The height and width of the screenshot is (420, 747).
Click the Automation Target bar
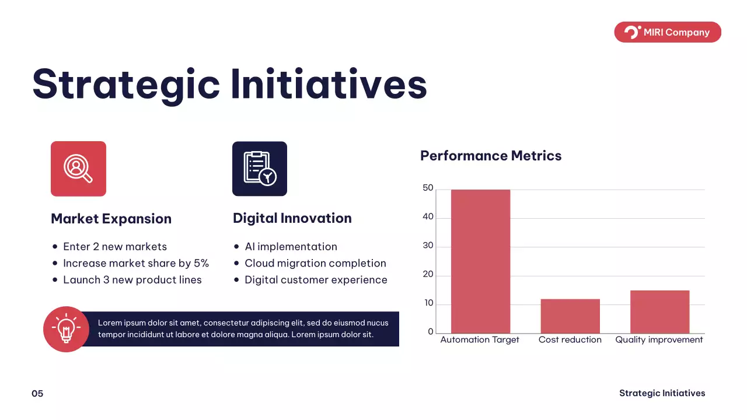(480, 261)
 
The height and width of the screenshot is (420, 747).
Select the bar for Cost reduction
(570, 316)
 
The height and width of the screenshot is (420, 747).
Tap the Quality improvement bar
(659, 311)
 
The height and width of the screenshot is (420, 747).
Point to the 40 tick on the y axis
(428, 216)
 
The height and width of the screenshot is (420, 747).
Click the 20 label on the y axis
(428, 274)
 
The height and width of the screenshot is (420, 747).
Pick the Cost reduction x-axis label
(570, 339)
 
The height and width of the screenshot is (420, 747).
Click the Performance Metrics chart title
(491, 156)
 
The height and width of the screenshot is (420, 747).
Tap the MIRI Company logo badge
(668, 32)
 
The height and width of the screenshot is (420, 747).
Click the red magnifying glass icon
(78, 169)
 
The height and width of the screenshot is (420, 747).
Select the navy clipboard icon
(260, 169)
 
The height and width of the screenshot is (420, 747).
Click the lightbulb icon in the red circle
(66, 329)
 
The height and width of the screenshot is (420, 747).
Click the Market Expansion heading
(111, 219)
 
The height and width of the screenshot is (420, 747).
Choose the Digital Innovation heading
(292, 218)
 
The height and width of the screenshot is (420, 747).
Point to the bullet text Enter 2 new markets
(115, 247)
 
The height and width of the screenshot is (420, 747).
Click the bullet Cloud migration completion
(316, 263)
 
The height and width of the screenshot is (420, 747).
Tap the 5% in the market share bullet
(201, 263)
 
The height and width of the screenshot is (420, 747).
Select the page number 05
(37, 394)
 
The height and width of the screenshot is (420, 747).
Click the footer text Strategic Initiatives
(662, 393)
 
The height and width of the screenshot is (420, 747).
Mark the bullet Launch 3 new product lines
(132, 280)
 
